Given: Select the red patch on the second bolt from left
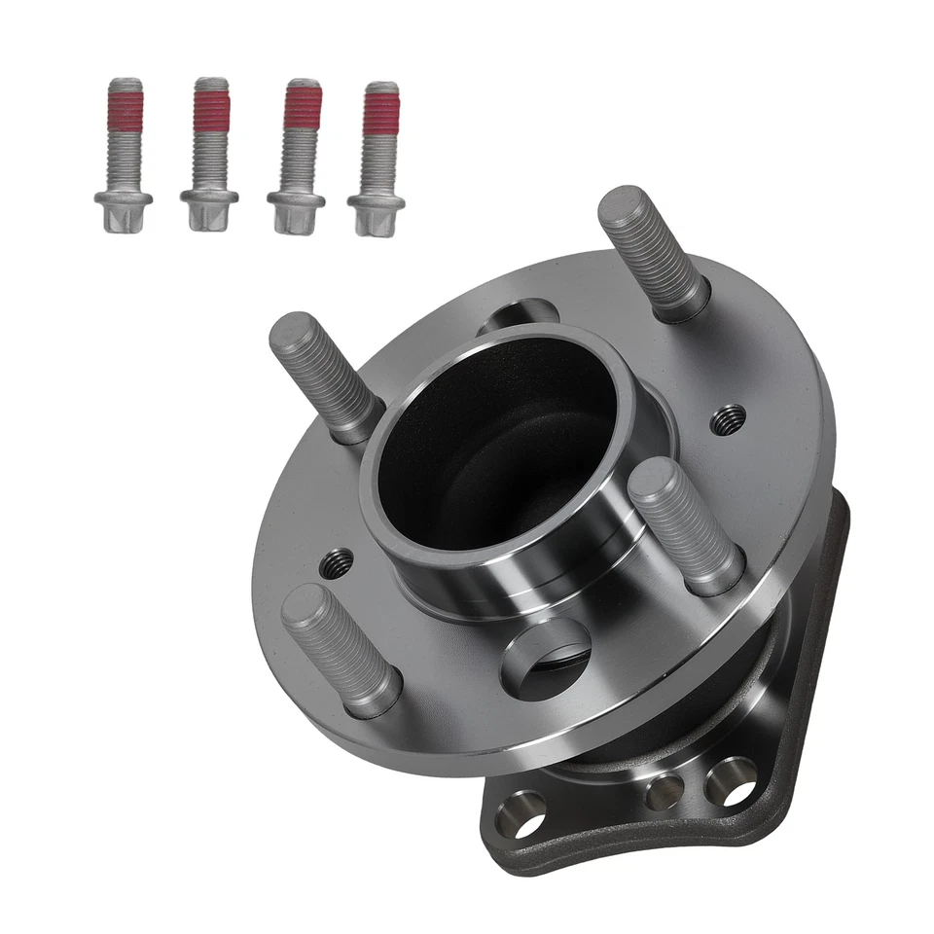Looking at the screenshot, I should point(210,109).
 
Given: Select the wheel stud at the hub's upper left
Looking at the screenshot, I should point(322,374).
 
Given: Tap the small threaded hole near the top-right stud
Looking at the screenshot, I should point(728,419).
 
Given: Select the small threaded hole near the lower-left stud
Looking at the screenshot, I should point(338,561).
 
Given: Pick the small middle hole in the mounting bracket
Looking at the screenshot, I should point(665,791).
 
